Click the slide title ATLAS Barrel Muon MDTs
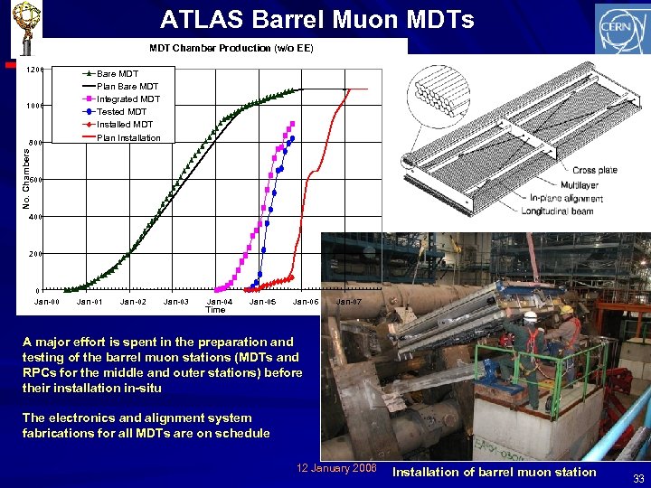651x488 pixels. tap(316, 19)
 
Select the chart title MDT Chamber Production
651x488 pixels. tap(231, 48)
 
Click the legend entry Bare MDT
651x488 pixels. tap(118, 73)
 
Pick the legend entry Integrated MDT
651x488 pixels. tap(127, 99)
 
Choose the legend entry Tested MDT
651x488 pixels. tap(125, 111)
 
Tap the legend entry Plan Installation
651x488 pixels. tap(127, 137)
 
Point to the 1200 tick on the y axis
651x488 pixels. tap(34, 70)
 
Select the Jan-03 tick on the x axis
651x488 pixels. tap(175, 301)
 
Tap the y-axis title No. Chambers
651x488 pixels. tap(25, 179)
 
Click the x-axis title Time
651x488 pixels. tap(215, 310)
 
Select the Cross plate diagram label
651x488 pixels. tap(594, 171)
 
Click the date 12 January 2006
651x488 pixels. tap(336, 467)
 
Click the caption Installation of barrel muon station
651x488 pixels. tap(495, 472)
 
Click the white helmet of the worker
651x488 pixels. tap(531, 317)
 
